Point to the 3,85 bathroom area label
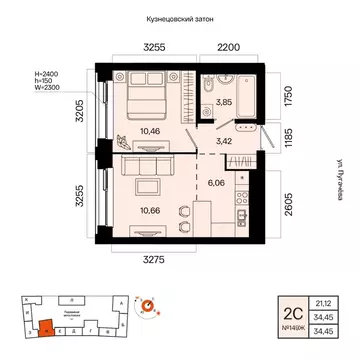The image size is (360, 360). pos(226,102)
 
